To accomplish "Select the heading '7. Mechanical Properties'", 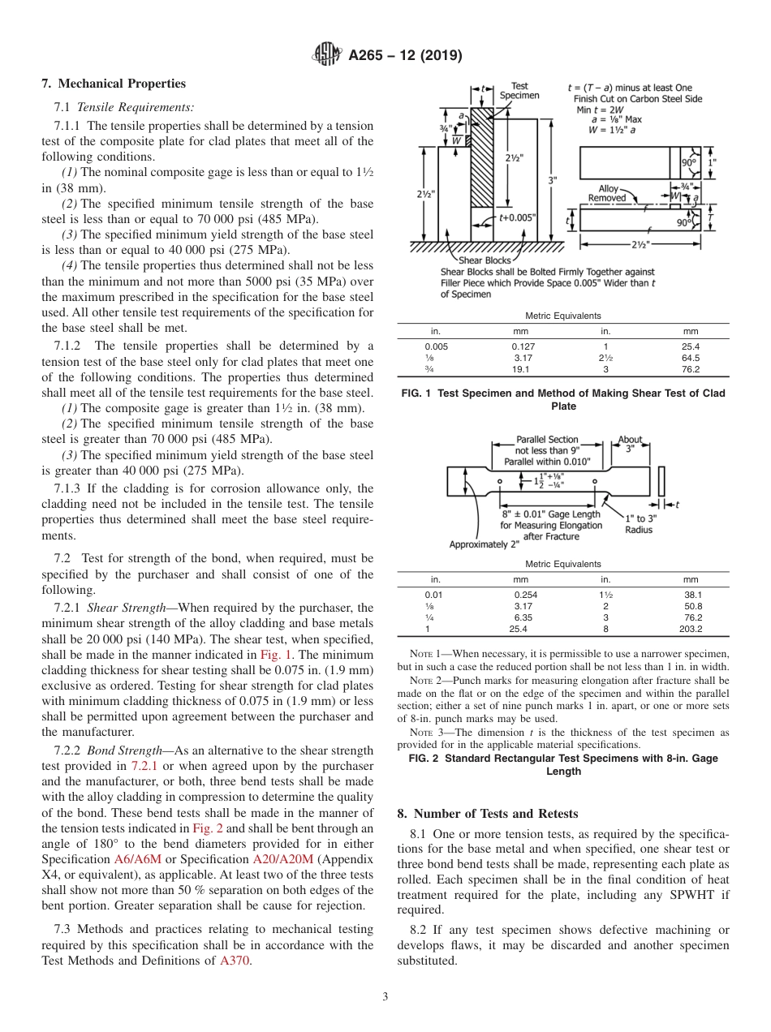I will [114, 84].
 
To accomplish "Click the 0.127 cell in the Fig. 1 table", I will [519, 346].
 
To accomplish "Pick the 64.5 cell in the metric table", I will [690, 358].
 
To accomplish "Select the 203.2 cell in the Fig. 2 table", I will [690, 629].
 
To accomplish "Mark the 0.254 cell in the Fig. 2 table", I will [519, 595].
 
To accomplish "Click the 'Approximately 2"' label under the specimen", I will [485, 544].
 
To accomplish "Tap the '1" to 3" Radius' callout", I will [640, 523].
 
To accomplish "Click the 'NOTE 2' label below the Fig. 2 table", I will [425, 680].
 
